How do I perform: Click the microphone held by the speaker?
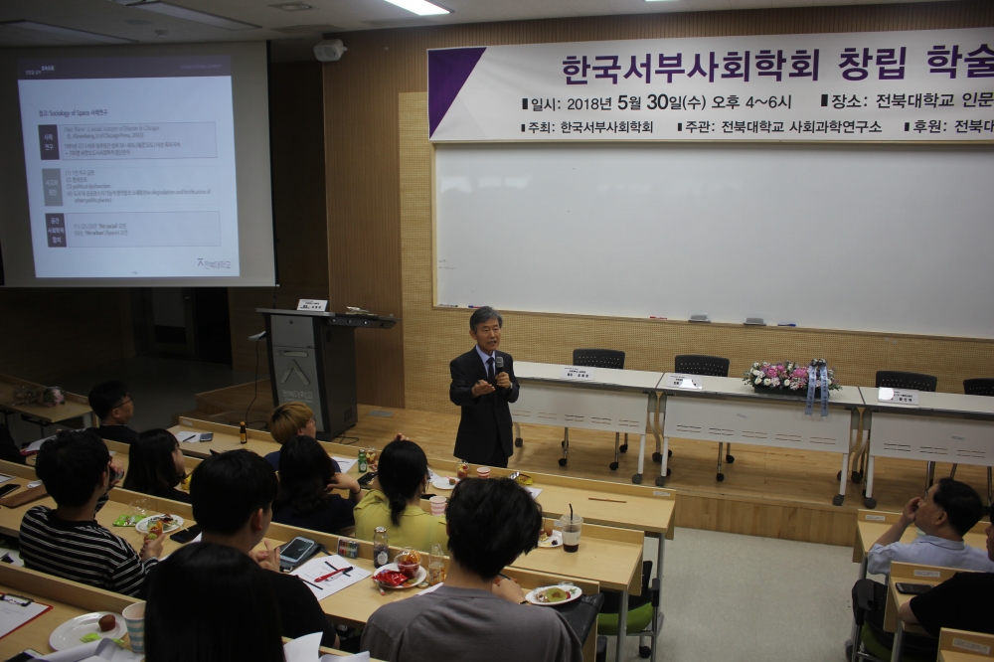[499, 369]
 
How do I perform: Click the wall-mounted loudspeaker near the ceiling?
[329, 50]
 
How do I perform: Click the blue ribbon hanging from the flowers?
[817, 390]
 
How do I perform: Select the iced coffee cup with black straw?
[572, 532]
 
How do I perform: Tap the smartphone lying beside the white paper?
[297, 552]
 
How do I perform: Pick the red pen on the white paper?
[334, 573]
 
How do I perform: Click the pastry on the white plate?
[105, 623]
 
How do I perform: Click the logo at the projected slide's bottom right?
[213, 262]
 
